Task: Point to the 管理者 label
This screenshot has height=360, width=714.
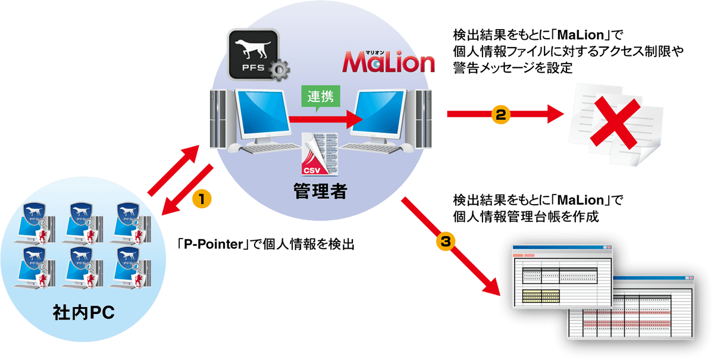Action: tap(320, 192)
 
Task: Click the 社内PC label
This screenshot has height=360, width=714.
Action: tap(81, 311)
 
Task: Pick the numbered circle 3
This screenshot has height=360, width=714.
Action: tap(446, 240)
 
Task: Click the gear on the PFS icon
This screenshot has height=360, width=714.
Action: tap(279, 70)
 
